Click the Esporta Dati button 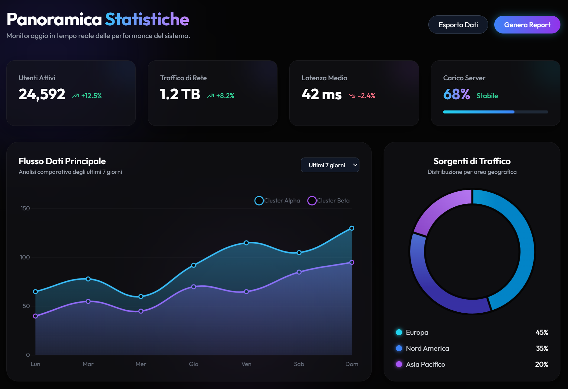click(458, 25)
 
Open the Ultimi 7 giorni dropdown click(330, 165)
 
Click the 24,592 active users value click(42, 94)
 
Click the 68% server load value click(456, 94)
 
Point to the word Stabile click(487, 96)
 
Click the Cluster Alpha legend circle click(259, 201)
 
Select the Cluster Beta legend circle click(312, 201)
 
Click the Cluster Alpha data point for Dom click(352, 228)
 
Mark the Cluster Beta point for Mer click(141, 311)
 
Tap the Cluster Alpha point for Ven click(246, 243)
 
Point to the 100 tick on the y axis click(25, 257)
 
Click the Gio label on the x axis click(193, 364)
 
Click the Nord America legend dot click(399, 348)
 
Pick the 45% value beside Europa click(542, 332)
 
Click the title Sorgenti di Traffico click(472, 161)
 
